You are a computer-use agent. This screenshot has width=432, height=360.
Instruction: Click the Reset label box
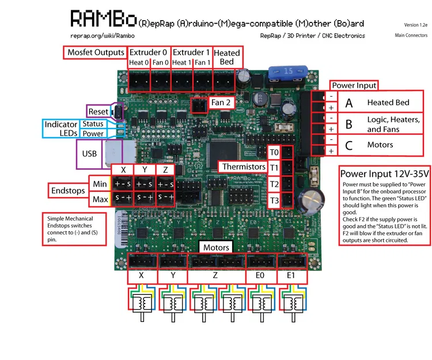[x=98, y=111]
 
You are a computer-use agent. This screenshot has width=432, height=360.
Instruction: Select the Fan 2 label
[x=221, y=103]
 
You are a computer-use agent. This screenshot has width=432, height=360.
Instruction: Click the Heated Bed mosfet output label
[x=227, y=57]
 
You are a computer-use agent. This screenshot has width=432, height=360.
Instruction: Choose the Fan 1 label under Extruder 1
[x=202, y=63]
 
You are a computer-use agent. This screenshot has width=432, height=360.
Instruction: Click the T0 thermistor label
[x=274, y=152]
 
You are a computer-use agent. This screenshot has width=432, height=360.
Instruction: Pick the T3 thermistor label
[x=274, y=200]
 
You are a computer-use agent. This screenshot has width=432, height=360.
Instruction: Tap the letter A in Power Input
[x=348, y=103]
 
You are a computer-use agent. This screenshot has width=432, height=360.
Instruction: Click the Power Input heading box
[x=354, y=85]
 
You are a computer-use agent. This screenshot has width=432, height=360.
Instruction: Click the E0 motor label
[x=260, y=276]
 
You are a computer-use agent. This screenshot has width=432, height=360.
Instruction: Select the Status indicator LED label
[x=92, y=124]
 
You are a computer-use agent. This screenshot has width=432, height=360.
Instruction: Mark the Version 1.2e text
[x=415, y=25]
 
